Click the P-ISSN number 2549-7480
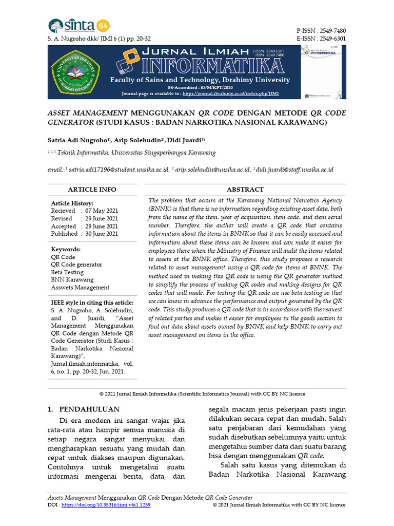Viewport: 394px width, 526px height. (x=333, y=30)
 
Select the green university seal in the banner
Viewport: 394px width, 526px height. (x=76, y=71)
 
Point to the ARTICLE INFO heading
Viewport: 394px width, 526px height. (x=92, y=190)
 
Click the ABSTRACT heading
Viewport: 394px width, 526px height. (x=245, y=190)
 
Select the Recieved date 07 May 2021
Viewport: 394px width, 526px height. (x=102, y=211)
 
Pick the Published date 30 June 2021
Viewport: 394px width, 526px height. (x=102, y=234)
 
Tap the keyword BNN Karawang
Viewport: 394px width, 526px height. (x=72, y=280)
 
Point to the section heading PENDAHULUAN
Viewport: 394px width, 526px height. (x=90, y=409)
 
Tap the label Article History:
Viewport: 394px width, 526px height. (x=72, y=203)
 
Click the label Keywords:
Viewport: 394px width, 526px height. (x=66, y=249)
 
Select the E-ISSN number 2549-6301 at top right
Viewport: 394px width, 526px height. (x=333, y=39)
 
